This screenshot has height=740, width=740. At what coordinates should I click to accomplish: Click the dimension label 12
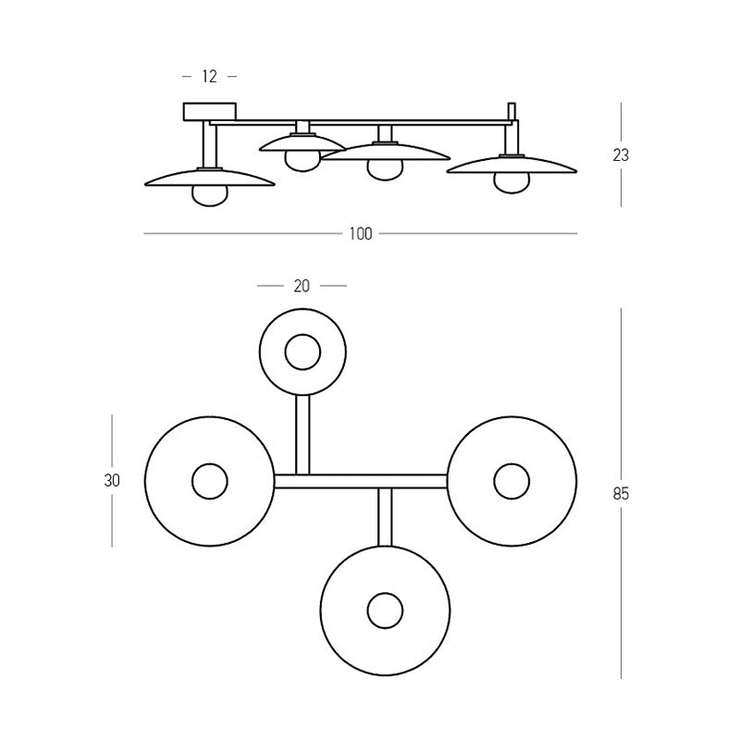210,77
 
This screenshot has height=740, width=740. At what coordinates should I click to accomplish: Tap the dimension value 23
621,154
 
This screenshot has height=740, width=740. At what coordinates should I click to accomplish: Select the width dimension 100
361,234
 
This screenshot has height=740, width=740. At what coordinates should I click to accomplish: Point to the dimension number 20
302,286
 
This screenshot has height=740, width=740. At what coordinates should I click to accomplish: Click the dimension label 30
112,480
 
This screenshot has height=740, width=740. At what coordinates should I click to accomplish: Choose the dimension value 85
621,494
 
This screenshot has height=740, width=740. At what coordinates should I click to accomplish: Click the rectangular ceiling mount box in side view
210,111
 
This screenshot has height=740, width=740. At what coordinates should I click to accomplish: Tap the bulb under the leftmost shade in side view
210,195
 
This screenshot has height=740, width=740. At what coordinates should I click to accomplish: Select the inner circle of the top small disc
302,335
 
